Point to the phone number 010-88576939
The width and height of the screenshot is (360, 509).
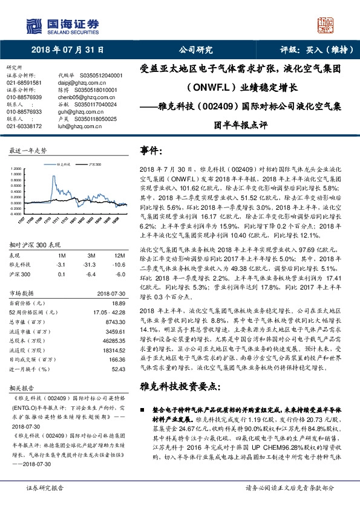tap(25, 97)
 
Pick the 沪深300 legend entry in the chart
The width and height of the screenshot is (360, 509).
tap(92, 163)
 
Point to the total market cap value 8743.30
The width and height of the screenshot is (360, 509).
tap(114, 323)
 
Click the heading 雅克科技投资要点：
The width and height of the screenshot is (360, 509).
tap(179, 386)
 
